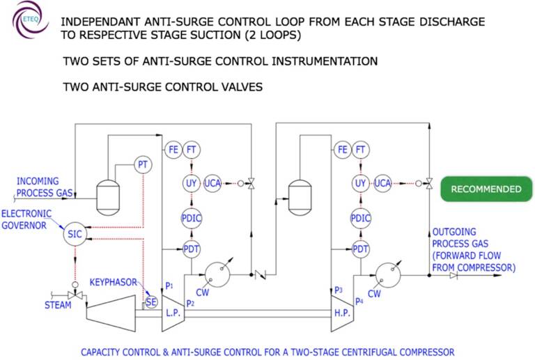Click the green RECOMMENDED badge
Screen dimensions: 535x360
point(486,189)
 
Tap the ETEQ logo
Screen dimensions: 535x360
point(30,19)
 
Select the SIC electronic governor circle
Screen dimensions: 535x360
point(75,234)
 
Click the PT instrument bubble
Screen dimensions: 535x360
point(143,165)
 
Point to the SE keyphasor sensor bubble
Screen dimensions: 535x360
point(150,302)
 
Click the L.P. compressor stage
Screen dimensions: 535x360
point(173,313)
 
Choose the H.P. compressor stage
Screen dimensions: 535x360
point(342,313)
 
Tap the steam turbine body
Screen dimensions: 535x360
point(111,313)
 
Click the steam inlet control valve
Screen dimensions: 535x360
point(75,295)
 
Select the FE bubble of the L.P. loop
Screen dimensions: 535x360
point(173,150)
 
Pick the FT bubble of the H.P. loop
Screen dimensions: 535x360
point(360,150)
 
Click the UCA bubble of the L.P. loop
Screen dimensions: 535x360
point(212,183)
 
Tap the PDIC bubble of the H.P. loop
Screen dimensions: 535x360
point(360,218)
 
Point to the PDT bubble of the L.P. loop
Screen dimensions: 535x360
point(191,249)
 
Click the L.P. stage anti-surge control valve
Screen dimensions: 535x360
point(251,183)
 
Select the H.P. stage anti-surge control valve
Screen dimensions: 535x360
point(429,183)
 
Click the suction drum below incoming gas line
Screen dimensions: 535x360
point(108,198)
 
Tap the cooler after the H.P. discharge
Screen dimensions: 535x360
point(388,275)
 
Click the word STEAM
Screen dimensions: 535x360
point(58,305)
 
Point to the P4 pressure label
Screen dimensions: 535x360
point(359,302)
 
